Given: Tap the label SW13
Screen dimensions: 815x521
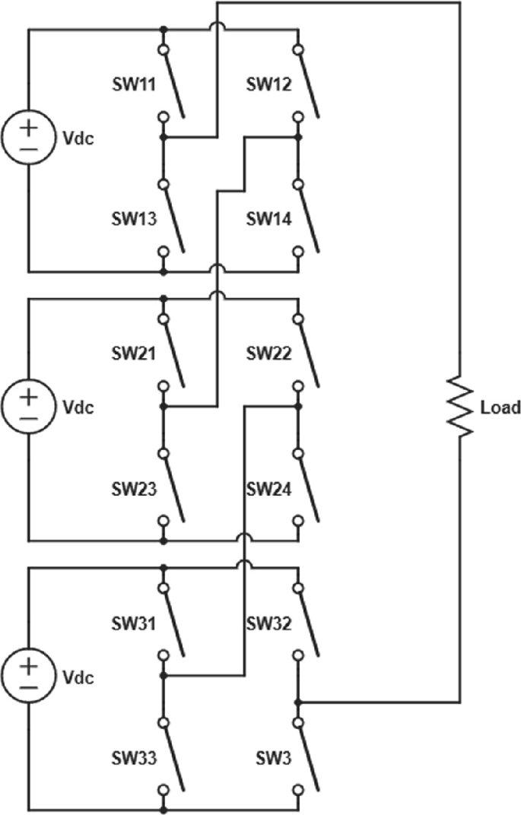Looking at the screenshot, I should click(x=133, y=220).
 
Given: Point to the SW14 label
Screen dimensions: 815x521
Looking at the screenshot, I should click(x=268, y=220).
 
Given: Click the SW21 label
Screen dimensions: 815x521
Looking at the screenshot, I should click(x=133, y=354).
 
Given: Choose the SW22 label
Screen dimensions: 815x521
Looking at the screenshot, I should click(x=268, y=354).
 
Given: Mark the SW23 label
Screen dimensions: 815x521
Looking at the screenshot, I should click(x=133, y=489).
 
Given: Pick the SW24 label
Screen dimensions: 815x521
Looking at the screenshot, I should click(x=268, y=489).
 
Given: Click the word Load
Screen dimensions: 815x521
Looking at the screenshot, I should click(x=500, y=408).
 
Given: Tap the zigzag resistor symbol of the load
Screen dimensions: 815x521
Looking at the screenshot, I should click(x=460, y=407).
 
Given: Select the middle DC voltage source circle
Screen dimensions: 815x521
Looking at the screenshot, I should click(x=28, y=407).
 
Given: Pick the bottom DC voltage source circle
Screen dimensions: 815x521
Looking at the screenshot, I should click(x=28, y=676).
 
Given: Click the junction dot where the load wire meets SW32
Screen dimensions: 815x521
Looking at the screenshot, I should click(x=298, y=702).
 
